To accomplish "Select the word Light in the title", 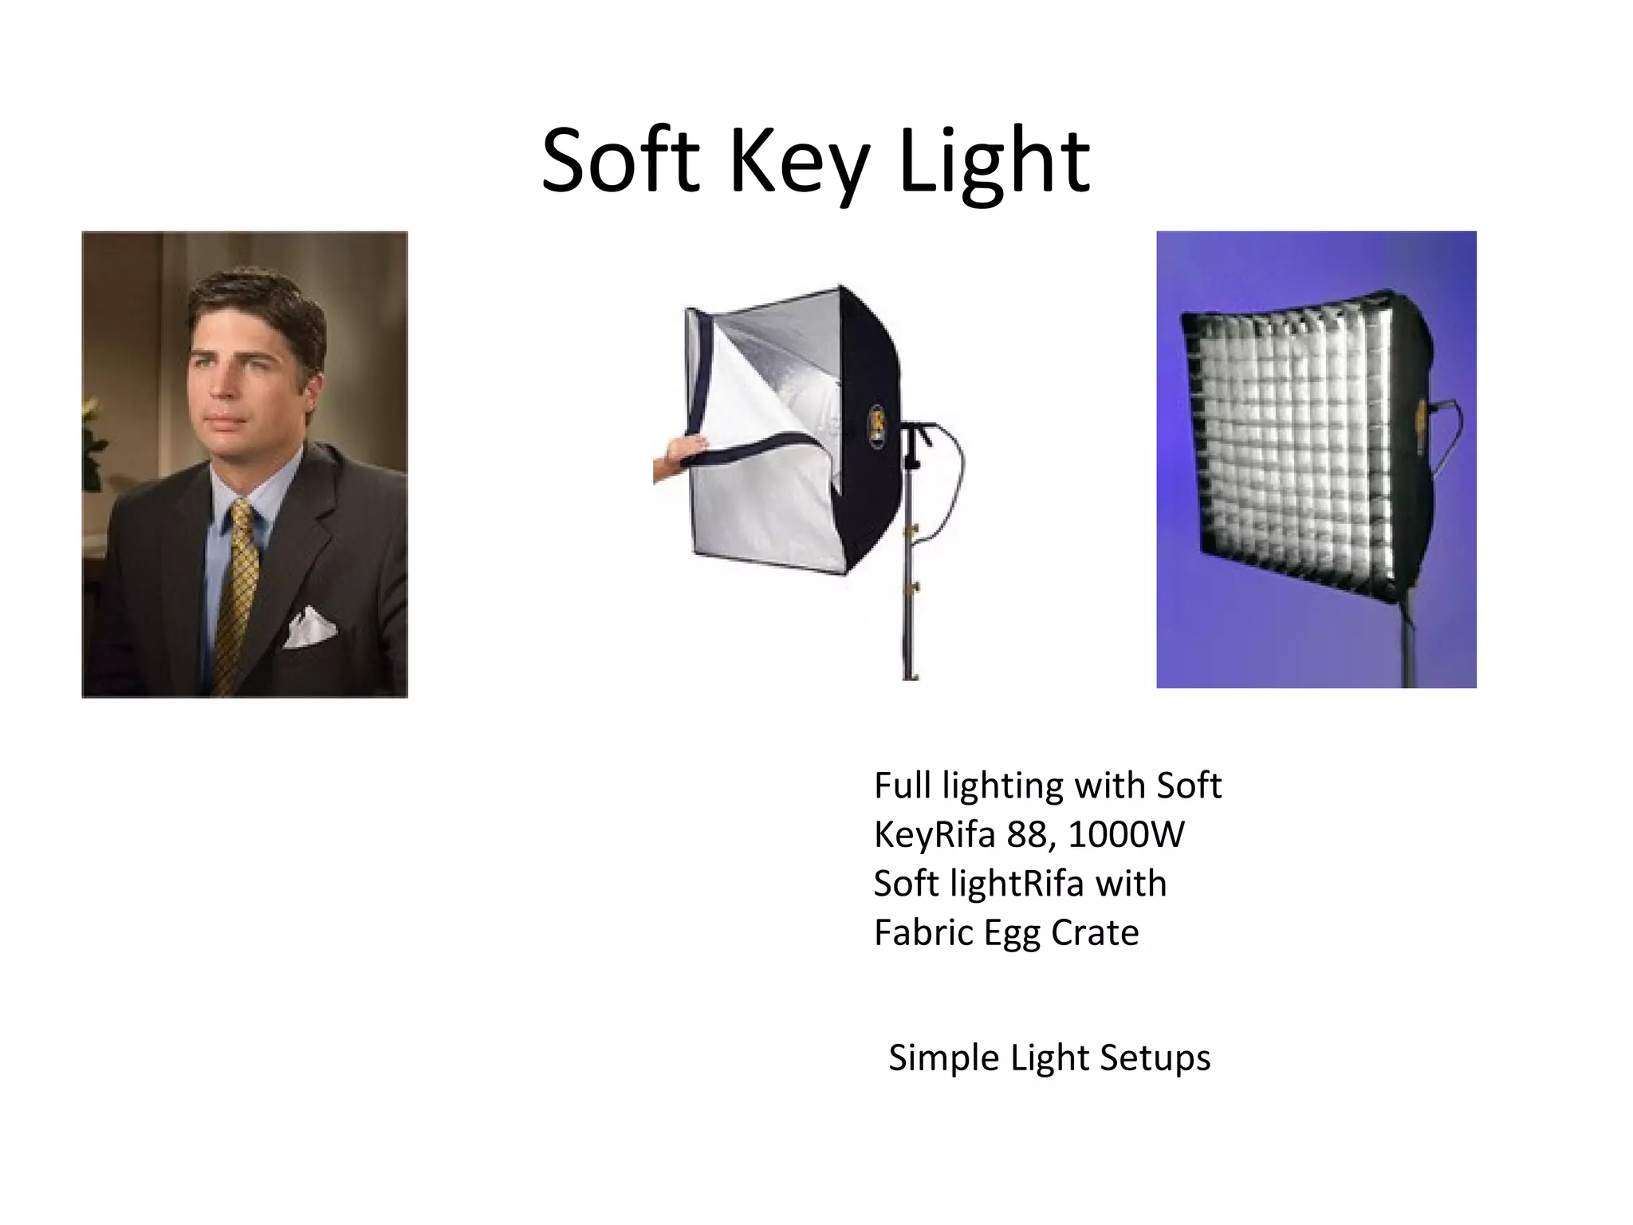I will click(994, 163).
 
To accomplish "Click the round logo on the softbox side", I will click(876, 427).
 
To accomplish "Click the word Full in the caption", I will click(903, 786).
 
